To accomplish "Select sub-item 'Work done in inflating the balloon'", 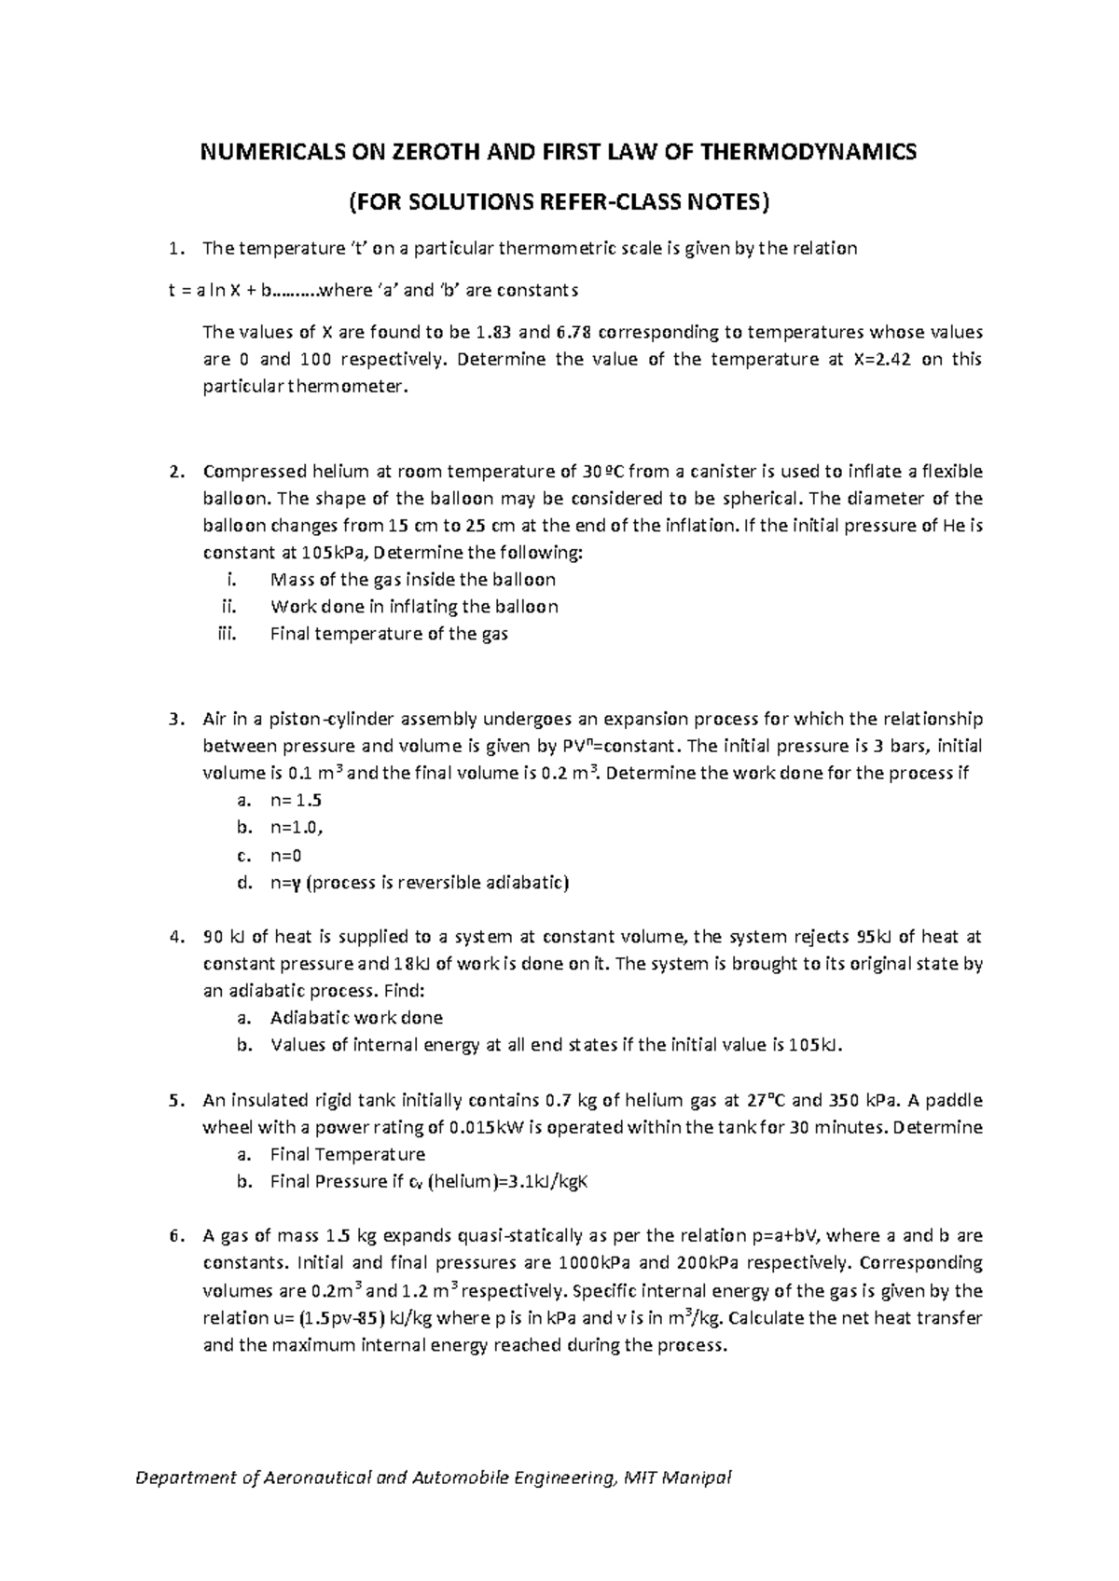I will (413, 607).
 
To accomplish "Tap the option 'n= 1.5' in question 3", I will (296, 801).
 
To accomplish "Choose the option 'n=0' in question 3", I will (285, 856).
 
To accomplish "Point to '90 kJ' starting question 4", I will (224, 937).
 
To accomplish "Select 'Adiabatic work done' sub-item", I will (356, 1018).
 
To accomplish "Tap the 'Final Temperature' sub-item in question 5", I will (347, 1154).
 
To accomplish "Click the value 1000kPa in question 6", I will (598, 1263).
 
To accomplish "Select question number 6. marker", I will (177, 1236).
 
